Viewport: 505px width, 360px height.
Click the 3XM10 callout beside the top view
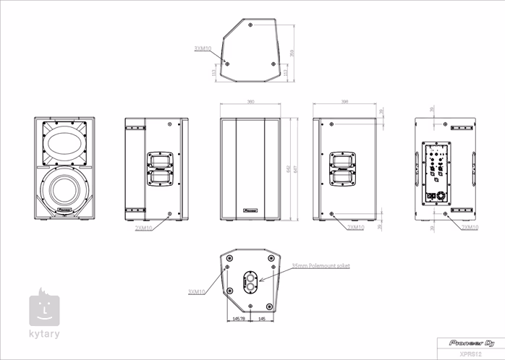point(203,48)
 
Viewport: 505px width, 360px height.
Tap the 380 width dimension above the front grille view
point(250,103)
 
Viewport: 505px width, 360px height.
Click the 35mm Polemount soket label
point(320,266)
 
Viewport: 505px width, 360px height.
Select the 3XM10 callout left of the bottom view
point(196,291)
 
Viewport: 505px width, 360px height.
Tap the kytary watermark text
point(45,333)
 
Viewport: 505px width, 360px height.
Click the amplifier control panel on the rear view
point(436,173)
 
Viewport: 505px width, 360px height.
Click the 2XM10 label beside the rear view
point(470,227)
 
